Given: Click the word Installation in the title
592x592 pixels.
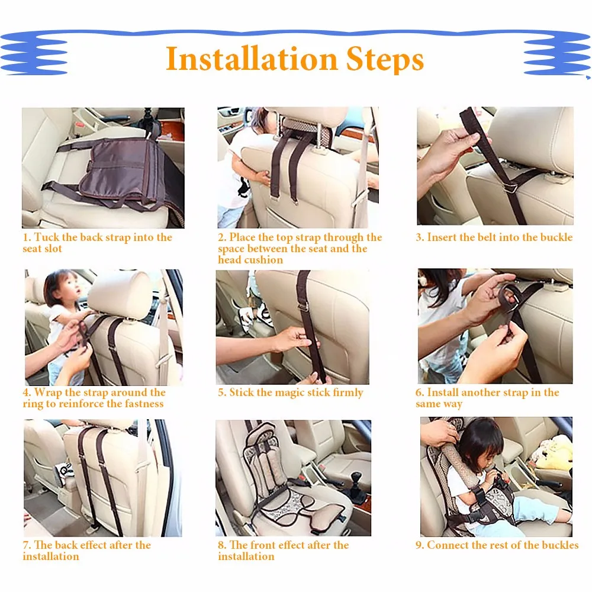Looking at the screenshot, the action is click(x=252, y=59).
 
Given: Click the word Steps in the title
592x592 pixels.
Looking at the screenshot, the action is click(x=385, y=60).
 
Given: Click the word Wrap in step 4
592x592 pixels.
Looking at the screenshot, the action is click(x=48, y=392).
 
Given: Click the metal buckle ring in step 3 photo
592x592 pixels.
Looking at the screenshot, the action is click(x=510, y=187).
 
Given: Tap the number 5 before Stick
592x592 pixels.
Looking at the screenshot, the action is click(x=221, y=393).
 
